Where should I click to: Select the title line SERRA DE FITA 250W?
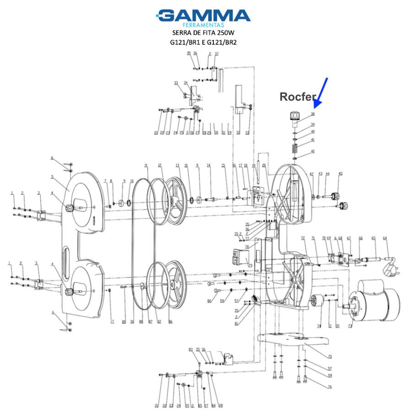click(205, 33)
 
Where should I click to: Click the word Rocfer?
click(298, 97)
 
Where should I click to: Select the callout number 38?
click(313, 114)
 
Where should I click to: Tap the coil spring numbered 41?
click(295, 149)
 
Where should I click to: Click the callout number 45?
click(340, 173)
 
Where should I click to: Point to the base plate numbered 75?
click(293, 341)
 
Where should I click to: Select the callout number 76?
click(329, 387)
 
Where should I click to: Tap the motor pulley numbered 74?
click(315, 303)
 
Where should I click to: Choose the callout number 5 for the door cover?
click(53, 177)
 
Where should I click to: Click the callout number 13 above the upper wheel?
click(178, 165)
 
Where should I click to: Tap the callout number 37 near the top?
click(217, 54)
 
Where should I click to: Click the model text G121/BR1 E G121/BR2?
click(205, 43)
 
